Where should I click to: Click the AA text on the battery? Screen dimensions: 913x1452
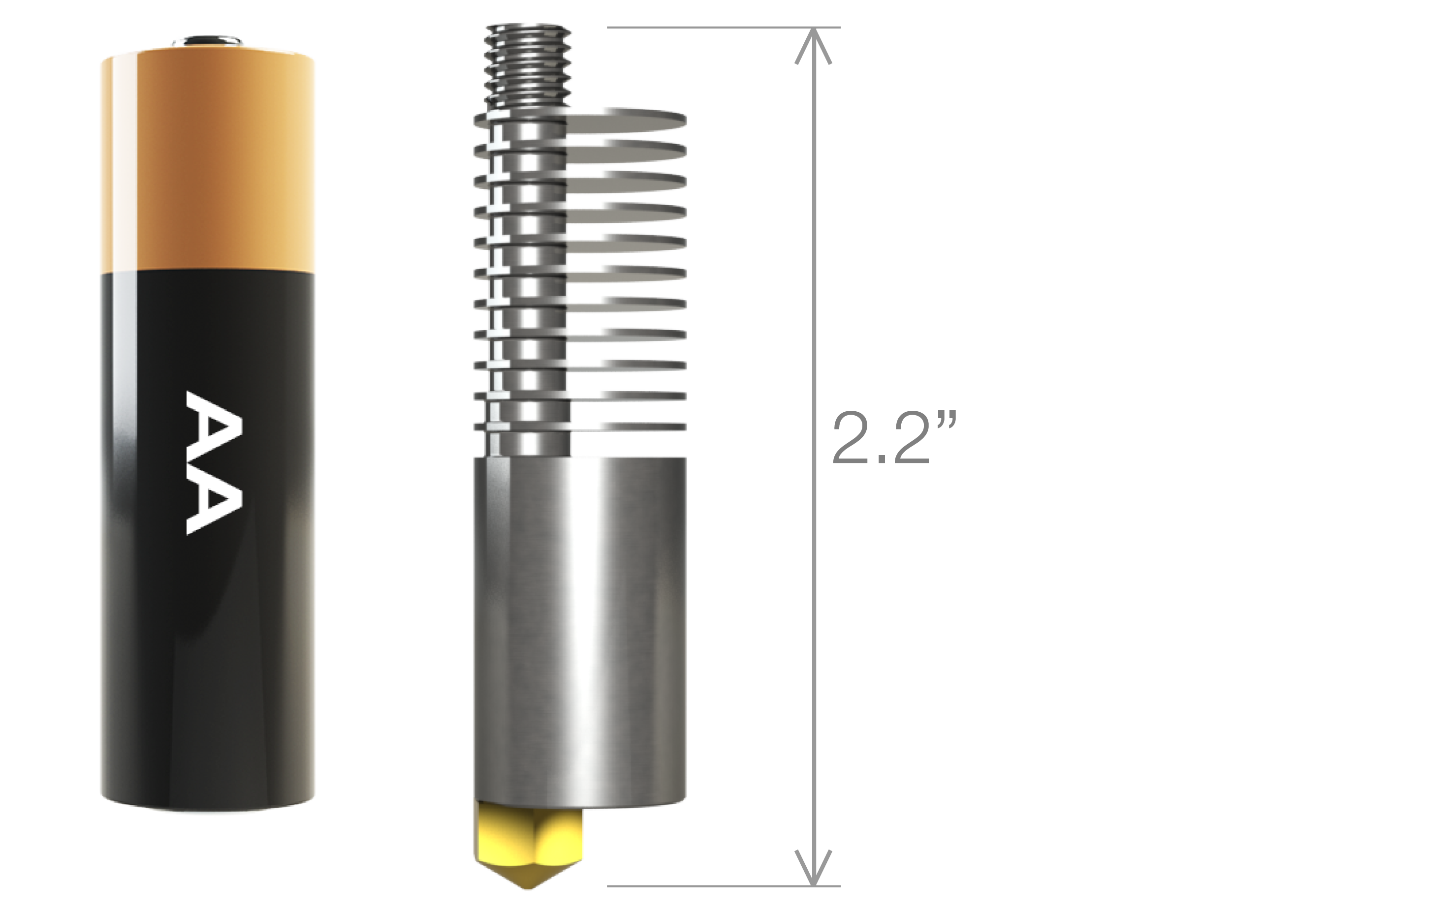tap(214, 462)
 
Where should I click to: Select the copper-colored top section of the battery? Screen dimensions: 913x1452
tap(208, 163)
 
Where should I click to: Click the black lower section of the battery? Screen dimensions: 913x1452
tap(208, 633)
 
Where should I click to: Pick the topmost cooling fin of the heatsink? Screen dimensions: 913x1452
tap(627, 120)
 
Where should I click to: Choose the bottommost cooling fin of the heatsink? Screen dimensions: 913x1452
tap(627, 426)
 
